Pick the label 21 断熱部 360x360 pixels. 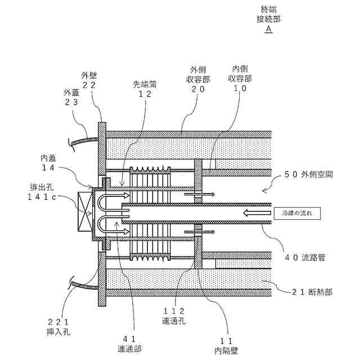[312, 291]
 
